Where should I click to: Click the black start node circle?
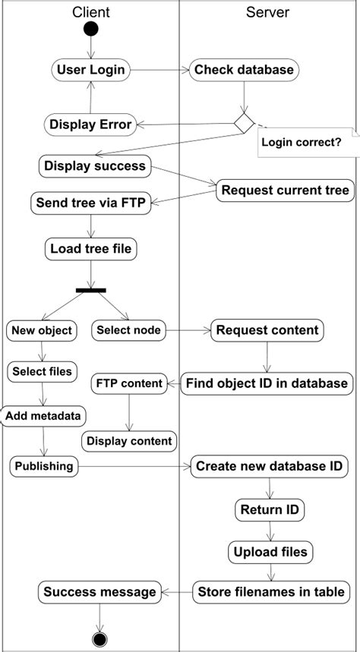tap(91, 29)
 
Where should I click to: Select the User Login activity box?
tap(91, 70)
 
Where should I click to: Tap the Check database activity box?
tap(244, 70)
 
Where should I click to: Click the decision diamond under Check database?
tap(244, 121)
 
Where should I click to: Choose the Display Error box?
tap(90, 124)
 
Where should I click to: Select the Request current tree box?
tap(285, 190)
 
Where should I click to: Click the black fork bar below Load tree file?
tap(91, 289)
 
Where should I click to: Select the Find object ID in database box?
tap(267, 383)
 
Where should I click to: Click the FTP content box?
tap(129, 383)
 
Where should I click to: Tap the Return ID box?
tap(269, 509)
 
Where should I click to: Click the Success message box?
tap(99, 591)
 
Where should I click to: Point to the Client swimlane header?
tap(91, 11)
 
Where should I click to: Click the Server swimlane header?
tap(267, 11)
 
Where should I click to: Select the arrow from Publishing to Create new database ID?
tap(134, 466)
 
